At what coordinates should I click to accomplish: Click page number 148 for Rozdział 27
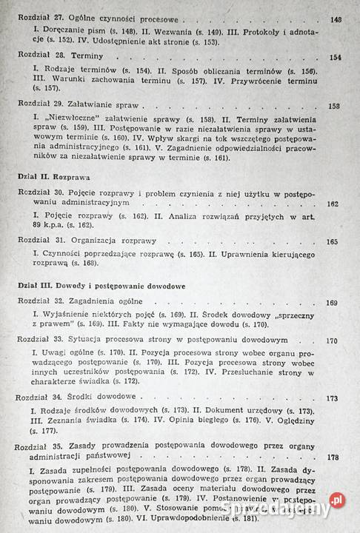click(x=336, y=20)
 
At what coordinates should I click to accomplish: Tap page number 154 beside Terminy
click(x=336, y=57)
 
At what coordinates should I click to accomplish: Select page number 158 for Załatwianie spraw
click(x=334, y=106)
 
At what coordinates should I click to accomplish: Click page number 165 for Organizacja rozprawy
click(x=332, y=241)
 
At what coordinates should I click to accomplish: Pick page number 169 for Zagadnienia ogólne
click(x=331, y=302)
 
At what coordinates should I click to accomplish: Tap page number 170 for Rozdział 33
click(x=331, y=341)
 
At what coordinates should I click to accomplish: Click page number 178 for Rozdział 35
click(x=333, y=457)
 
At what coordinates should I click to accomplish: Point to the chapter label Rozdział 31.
click(x=43, y=241)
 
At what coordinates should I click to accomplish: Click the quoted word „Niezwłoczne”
click(x=69, y=118)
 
